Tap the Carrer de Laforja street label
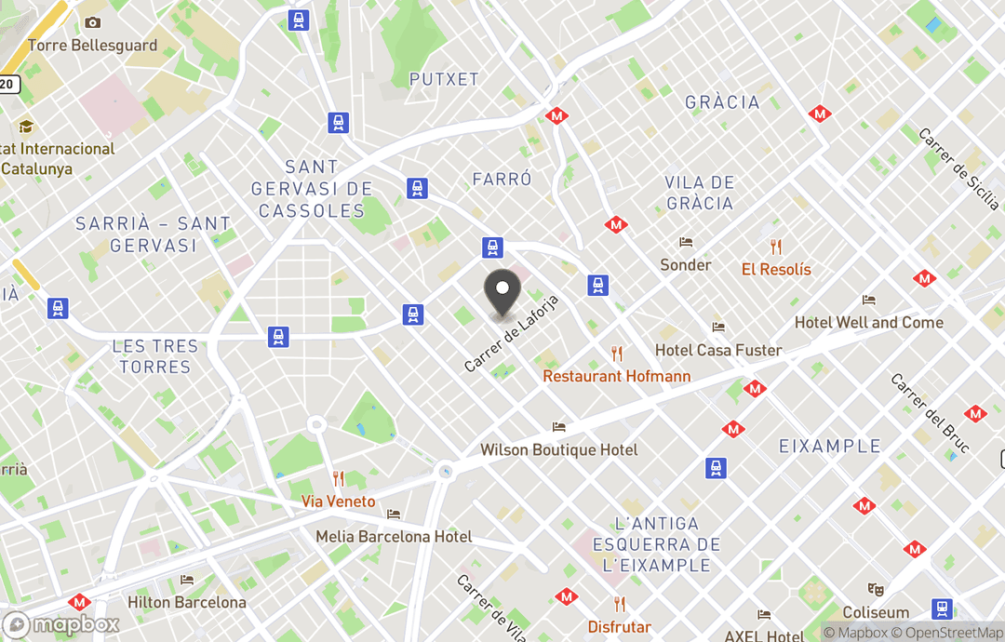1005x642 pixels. pos(512,334)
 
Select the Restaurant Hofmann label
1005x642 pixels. pos(616,376)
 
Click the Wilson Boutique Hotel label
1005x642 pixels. pos(558,449)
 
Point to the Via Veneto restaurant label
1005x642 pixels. pos(339,502)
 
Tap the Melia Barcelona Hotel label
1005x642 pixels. pos(394,536)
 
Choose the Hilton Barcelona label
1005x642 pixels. pos(186,602)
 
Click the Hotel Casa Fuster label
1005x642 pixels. pos(718,350)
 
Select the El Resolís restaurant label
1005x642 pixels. pos(776,269)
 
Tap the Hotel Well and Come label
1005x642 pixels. pos(868,322)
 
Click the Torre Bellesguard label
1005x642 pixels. pos(92,45)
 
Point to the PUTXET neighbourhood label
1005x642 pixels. pos(444,79)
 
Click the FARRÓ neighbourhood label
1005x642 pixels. pos(502,179)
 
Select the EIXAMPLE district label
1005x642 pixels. pos(829,446)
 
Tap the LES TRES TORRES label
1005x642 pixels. pos(155,356)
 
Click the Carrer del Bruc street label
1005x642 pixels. pos(930,413)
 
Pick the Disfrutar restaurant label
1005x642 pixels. pos(619,626)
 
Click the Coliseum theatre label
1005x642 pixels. pos(876,612)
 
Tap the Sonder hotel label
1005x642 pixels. pos(686,264)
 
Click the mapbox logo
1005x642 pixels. pos(62,624)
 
